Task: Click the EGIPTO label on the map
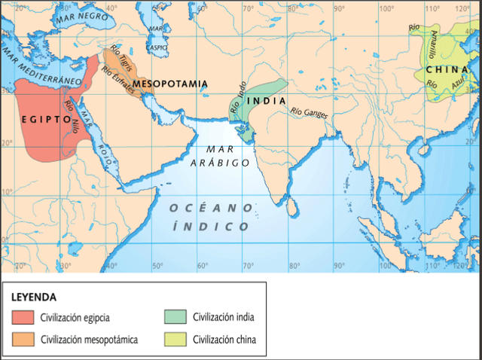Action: (45, 118)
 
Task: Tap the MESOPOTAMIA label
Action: (170, 83)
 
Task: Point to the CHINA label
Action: (441, 69)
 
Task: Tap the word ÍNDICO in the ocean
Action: (211, 226)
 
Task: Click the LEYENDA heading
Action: (34, 297)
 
